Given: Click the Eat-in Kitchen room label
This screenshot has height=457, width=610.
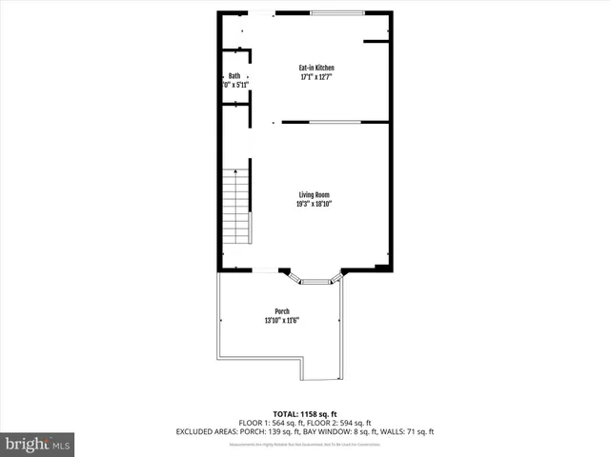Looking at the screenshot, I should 316,68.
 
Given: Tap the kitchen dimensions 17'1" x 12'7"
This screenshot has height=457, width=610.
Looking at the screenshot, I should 316,77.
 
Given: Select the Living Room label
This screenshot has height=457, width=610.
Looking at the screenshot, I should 314,194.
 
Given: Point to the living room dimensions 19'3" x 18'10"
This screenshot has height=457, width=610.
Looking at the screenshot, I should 314,204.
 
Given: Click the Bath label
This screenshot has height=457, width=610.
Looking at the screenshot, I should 234,76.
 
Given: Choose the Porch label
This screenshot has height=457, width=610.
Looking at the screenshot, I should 282,311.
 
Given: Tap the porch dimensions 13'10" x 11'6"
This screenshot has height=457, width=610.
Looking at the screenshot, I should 282,321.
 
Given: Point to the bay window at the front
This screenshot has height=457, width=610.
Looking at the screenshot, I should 314,279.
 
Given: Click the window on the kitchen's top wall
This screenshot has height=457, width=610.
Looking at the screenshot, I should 336,11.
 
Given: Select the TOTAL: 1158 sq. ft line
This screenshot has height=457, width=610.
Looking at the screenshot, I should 304,413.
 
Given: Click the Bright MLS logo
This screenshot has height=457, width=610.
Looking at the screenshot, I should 37,444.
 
